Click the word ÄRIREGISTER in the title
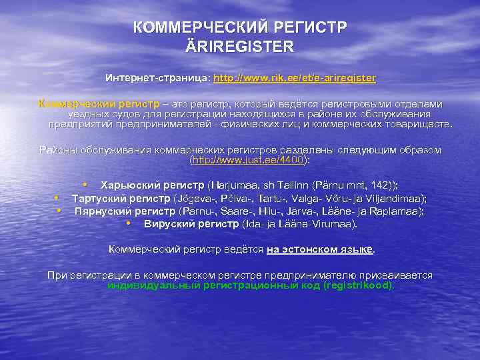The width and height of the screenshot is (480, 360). tap(240, 47)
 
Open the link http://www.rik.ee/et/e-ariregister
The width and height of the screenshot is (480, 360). tap(295, 78)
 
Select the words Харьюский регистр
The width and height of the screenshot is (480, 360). tap(152, 185)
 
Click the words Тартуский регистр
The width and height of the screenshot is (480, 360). tap(121, 198)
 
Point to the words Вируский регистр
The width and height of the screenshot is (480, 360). tap(191, 223)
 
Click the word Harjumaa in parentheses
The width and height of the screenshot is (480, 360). tap(232, 185)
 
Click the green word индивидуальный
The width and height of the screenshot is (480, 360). tap(150, 285)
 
